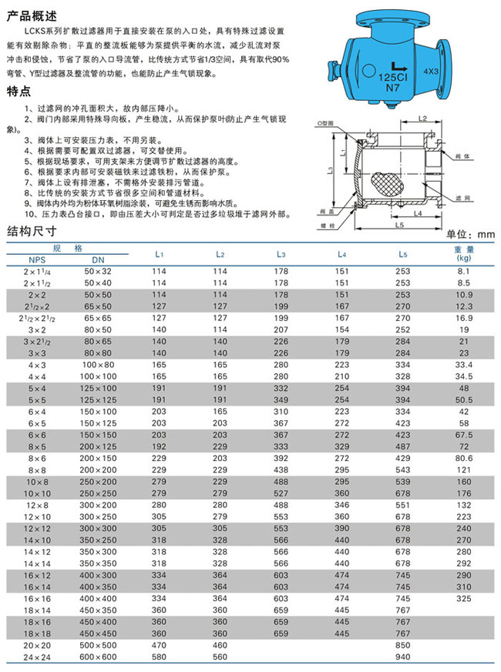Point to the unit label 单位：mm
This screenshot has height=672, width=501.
coord(469,233)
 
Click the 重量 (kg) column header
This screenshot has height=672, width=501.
coord(464,253)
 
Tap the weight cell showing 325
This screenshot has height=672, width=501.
coord(464,597)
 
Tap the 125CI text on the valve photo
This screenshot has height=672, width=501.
coord(393,79)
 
